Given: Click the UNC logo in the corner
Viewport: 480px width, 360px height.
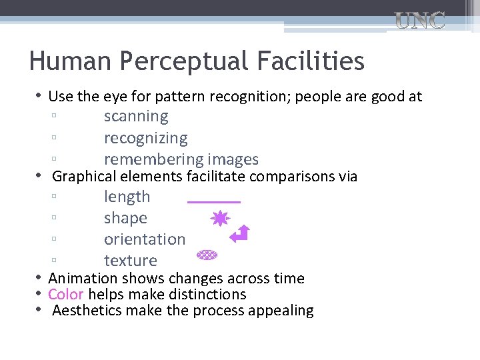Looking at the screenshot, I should (x=420, y=21).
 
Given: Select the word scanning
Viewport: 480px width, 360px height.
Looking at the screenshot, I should (x=136, y=117).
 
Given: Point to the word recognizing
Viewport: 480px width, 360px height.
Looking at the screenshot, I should (x=145, y=139).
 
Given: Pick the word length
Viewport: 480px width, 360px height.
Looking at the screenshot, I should (x=127, y=197).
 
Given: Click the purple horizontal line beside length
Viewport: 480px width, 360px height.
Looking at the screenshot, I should (x=214, y=201).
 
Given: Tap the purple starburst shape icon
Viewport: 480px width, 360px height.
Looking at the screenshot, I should (x=221, y=219).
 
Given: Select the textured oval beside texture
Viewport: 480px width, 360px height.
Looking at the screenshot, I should (x=207, y=255).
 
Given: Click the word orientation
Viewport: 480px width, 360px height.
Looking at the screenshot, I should (x=145, y=239).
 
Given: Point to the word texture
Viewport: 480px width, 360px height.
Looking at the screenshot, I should (x=131, y=261).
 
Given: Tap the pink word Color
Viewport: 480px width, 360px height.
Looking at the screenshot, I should (x=65, y=295).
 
